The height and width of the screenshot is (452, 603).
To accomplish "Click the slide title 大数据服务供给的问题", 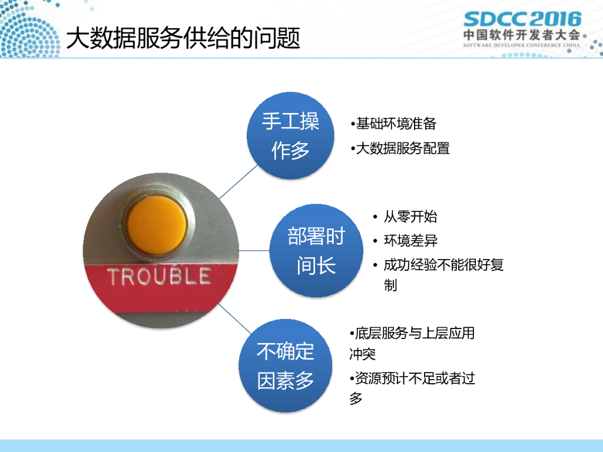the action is point(183,38).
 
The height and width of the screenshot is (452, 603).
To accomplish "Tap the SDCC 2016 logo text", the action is point(523,19).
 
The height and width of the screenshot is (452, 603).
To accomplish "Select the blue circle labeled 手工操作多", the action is point(290,135).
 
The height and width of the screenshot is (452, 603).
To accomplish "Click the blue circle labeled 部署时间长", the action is point(316,250).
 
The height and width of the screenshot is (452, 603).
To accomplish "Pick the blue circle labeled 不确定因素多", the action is point(286,365).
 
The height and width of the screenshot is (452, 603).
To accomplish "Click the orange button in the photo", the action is point(157,225).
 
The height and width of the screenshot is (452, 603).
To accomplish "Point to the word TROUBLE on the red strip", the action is point(160,277).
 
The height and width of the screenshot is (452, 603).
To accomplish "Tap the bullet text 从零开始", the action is point(410,217).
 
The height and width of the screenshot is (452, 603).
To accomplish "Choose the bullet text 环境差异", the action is point(410,241).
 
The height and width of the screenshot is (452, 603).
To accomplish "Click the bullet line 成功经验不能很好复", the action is point(443,265).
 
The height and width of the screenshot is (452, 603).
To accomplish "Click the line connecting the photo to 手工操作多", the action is point(238,181).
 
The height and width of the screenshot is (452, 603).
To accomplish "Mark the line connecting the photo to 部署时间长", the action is point(254,251).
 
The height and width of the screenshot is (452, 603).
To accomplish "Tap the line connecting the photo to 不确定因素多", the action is point(234,318).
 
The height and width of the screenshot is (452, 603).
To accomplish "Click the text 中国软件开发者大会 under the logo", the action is point(522,35).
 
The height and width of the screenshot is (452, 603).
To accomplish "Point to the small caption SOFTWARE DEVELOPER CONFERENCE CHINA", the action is point(522,45).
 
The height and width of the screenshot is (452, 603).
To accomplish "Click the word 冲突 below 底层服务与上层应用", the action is point(362,354).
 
